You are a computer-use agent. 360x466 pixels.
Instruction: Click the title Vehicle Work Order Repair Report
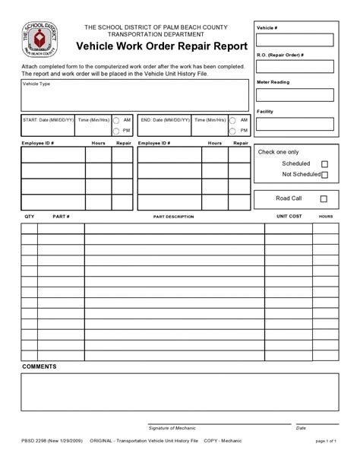click(161, 46)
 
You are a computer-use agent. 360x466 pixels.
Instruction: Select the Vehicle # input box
click(295, 40)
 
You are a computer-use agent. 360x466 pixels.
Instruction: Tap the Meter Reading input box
click(295, 95)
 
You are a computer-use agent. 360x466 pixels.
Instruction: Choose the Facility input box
click(295, 124)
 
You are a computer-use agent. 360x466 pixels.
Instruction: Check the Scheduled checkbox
click(324, 163)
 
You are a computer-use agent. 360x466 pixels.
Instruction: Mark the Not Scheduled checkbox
click(324, 175)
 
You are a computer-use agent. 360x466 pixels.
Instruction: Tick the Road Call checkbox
click(324, 199)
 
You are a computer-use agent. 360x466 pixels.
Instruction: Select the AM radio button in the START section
click(116, 120)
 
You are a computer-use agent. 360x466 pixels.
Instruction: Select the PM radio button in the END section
click(234, 131)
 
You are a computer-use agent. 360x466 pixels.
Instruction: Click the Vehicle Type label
click(38, 84)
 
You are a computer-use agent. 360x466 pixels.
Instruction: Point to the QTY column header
click(29, 217)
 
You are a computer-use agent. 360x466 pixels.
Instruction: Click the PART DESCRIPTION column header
click(173, 217)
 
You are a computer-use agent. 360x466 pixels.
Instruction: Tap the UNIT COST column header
click(289, 217)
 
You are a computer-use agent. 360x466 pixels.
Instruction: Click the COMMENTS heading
click(39, 366)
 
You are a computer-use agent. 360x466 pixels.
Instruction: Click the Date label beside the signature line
click(301, 429)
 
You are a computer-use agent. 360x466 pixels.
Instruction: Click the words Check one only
click(279, 152)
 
